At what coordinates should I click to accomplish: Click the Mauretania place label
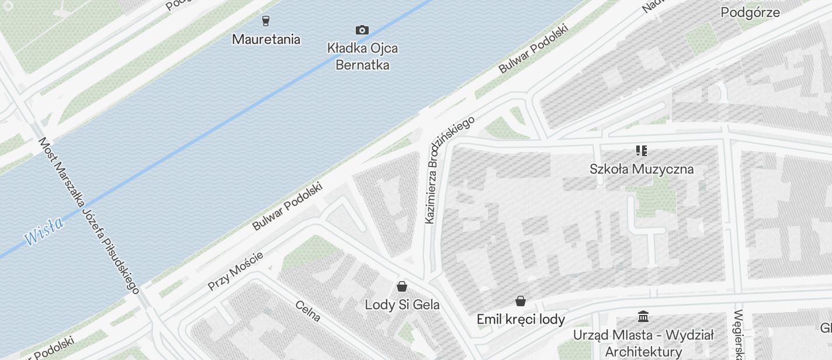tap(266, 39)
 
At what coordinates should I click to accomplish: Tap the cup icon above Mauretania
tap(266, 21)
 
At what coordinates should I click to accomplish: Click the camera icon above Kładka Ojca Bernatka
tap(362, 30)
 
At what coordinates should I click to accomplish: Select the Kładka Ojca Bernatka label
tap(362, 56)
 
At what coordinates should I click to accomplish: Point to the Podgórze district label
tap(750, 12)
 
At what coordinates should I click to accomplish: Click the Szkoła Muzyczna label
tap(642, 169)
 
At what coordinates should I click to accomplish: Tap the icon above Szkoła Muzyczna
tap(642, 151)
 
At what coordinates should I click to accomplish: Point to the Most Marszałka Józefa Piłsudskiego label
tap(89, 215)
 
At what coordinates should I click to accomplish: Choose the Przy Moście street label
tap(235, 271)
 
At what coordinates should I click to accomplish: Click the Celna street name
tap(308, 311)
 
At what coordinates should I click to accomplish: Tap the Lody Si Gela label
tap(402, 304)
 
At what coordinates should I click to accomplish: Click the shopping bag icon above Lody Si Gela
tap(402, 286)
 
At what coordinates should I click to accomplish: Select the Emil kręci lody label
tap(521, 319)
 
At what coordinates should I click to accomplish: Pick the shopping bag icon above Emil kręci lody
tap(521, 302)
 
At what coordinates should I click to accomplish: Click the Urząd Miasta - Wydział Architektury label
tap(643, 343)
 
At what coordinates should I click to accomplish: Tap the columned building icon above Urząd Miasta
tap(643, 317)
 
